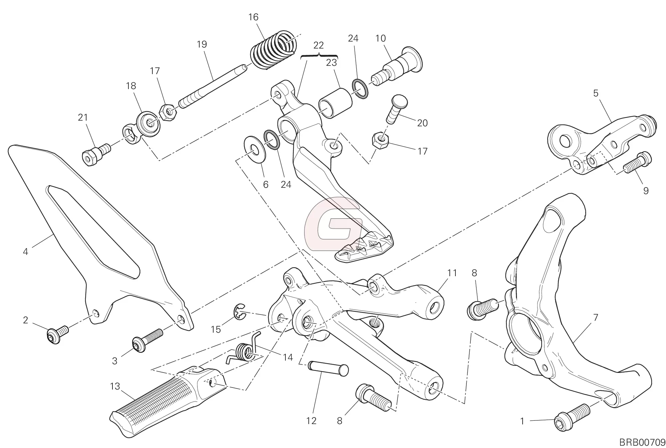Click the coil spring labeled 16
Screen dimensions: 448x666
tap(273, 50)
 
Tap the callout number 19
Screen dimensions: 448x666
tap(202, 44)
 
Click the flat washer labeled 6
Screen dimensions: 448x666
tap(254, 150)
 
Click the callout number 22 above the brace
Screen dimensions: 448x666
tap(318, 45)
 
